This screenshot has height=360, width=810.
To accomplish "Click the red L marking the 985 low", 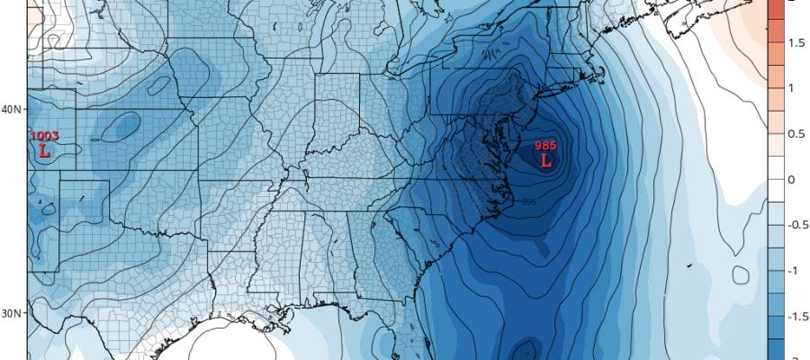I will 545,161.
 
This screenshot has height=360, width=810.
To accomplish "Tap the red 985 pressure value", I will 545,146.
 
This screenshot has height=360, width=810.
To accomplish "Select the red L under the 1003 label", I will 43,151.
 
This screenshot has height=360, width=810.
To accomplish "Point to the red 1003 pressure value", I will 45,136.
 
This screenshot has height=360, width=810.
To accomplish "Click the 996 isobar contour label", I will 529,202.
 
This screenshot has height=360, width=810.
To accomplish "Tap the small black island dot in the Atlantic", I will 688,265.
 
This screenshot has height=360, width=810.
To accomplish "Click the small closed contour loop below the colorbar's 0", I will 742,274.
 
